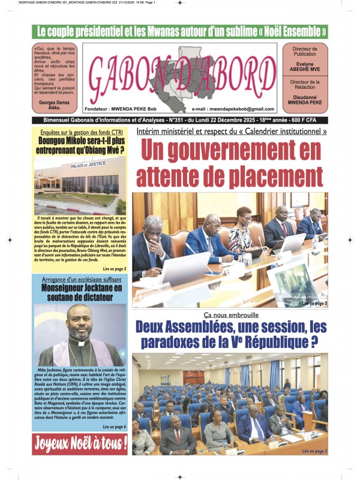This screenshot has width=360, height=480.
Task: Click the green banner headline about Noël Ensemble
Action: click(x=180, y=31)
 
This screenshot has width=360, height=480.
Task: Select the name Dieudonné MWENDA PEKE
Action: click(x=306, y=99)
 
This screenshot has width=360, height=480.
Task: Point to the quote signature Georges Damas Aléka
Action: click(x=55, y=103)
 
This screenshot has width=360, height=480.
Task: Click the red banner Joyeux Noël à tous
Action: click(x=80, y=445)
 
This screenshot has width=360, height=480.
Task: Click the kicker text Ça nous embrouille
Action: click(x=230, y=315)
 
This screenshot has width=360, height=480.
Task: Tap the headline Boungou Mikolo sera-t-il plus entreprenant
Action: click(x=80, y=146)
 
